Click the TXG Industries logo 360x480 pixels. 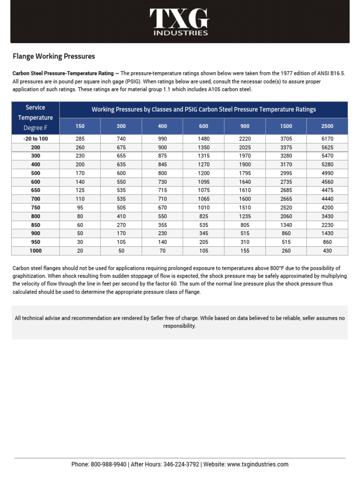pyautogui.click(x=180, y=22)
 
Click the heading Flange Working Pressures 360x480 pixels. pyautogui.click(x=53, y=56)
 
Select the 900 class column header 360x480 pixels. pyautogui.click(x=245, y=126)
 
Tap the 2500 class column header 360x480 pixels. pyautogui.click(x=327, y=126)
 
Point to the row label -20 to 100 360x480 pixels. pyautogui.click(x=36, y=139)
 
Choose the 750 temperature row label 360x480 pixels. pyautogui.click(x=36, y=208)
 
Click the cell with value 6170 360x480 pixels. pyautogui.click(x=327, y=139)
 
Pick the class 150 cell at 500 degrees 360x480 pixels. pyautogui.click(x=80, y=173)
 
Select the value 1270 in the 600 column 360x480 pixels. pyautogui.click(x=203, y=165)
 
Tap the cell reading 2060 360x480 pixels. pyautogui.click(x=286, y=216)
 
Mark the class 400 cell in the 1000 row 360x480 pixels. pyautogui.click(x=162, y=251)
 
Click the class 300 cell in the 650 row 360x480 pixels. pyautogui.click(x=121, y=190)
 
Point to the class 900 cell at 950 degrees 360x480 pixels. pyautogui.click(x=245, y=242)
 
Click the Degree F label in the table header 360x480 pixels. pyautogui.click(x=36, y=127)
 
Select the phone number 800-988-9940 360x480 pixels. pyautogui.click(x=108, y=465)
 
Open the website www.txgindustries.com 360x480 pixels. pyautogui.click(x=258, y=465)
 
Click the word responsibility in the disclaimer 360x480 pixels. pyautogui.click(x=180, y=326)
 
